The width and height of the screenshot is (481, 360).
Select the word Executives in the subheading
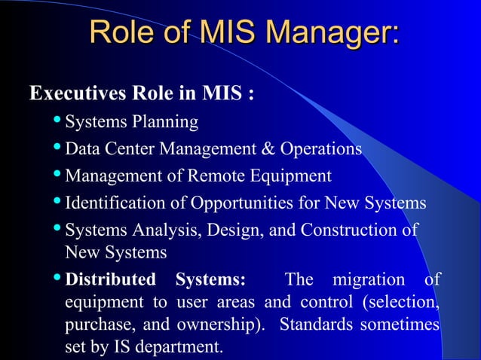[68, 96]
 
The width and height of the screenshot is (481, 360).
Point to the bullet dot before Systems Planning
[58, 122]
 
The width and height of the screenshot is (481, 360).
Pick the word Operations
[320, 149]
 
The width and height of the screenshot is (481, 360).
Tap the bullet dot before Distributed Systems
[58, 281]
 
